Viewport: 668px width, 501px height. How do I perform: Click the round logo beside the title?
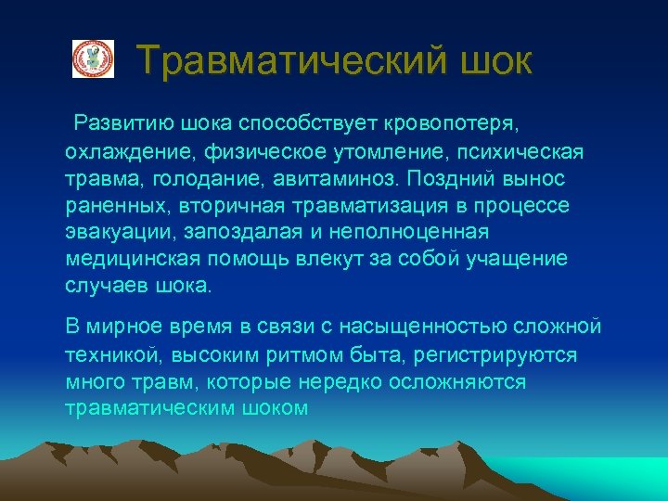93,58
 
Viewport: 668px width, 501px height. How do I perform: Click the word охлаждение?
121,150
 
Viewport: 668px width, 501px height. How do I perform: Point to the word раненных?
109,204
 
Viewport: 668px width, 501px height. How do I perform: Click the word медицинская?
133,259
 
